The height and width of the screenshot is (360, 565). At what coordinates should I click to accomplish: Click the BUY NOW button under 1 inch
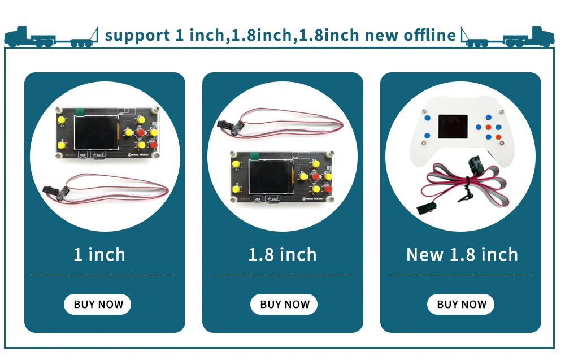[97, 304]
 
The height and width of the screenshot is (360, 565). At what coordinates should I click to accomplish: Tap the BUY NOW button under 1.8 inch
[284, 304]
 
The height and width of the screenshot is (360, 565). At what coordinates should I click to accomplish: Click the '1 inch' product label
[99, 254]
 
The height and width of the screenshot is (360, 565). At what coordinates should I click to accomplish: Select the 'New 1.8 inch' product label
[462, 254]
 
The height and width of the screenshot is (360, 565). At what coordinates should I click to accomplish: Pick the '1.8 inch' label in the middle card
[282, 254]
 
